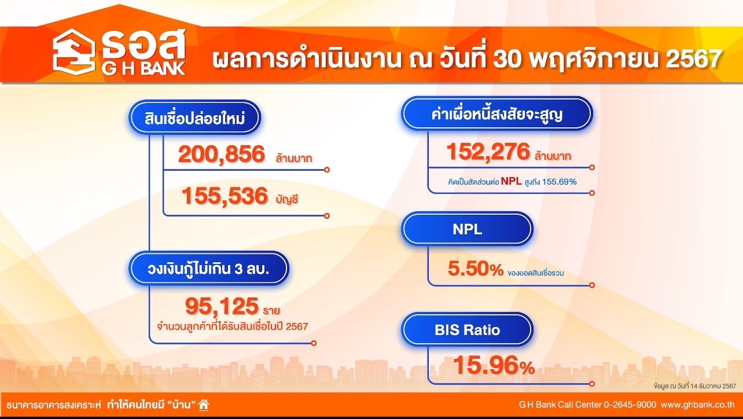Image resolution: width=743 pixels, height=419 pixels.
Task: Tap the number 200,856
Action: pyautogui.click(x=222, y=155)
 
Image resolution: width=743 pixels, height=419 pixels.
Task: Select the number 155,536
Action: pyautogui.click(x=225, y=196)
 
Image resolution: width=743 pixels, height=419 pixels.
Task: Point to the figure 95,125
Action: pyautogui.click(x=222, y=306)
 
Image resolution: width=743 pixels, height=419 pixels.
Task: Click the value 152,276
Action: pyautogui.click(x=488, y=152)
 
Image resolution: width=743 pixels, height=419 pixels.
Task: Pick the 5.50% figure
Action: pyautogui.click(x=476, y=269)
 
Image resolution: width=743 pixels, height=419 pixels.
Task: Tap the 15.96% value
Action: pyautogui.click(x=494, y=365)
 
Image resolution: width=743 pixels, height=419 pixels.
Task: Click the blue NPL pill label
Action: pyautogui.click(x=467, y=229)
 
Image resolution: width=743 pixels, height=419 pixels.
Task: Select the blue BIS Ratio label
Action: pyautogui.click(x=467, y=330)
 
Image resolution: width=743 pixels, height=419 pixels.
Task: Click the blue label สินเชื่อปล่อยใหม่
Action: pyautogui.click(x=194, y=117)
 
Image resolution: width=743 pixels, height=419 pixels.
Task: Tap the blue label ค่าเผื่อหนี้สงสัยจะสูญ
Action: pyautogui.click(x=497, y=114)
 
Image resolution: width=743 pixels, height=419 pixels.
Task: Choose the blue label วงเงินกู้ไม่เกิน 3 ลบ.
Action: pyautogui.click(x=209, y=269)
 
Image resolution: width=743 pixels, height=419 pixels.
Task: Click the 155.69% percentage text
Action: pyautogui.click(x=559, y=182)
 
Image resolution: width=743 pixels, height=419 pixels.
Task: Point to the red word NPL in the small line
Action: pyautogui.click(x=511, y=181)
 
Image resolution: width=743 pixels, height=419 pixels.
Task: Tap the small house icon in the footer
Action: pyautogui.click(x=204, y=405)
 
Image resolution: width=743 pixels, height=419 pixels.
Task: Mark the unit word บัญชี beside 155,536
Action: pyautogui.click(x=287, y=200)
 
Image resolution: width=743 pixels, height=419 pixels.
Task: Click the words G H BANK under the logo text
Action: pyautogui.click(x=144, y=69)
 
